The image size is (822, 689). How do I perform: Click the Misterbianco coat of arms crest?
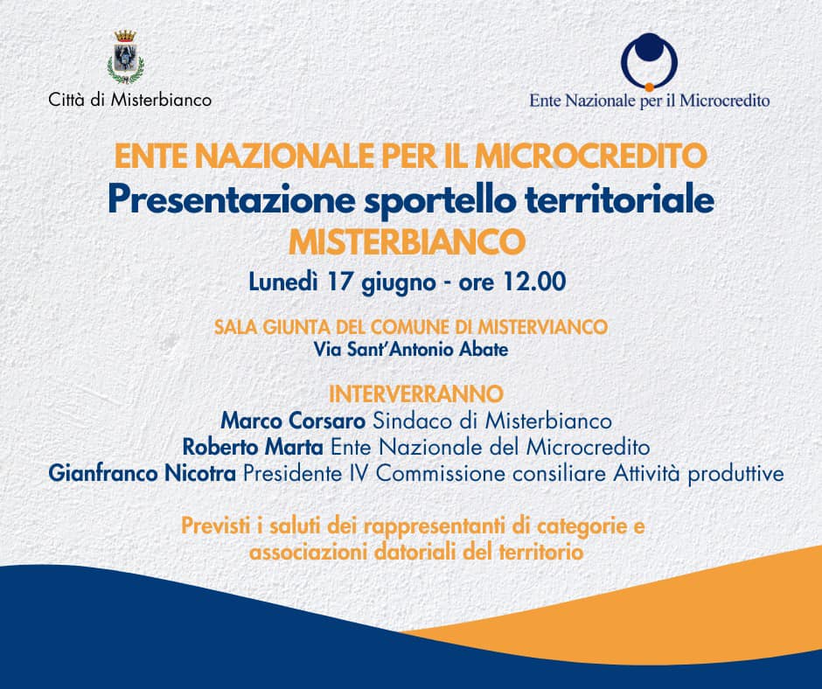click(x=126, y=57)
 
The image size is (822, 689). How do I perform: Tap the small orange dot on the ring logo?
click(x=649, y=87)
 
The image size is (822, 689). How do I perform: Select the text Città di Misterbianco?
click(x=130, y=100)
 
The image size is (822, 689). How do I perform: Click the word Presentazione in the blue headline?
click(x=232, y=199)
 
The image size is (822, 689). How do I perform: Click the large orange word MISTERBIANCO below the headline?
click(x=407, y=241)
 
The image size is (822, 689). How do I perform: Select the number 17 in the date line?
click(x=339, y=282)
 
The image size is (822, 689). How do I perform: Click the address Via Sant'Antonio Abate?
click(x=411, y=349)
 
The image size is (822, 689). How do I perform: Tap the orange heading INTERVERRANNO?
click(x=416, y=393)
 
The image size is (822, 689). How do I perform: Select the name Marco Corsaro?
click(x=293, y=421)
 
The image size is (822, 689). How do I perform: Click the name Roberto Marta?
click(x=253, y=448)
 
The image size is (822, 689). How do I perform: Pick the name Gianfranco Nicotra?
click(x=142, y=474)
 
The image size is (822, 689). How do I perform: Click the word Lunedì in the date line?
click(x=283, y=282)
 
